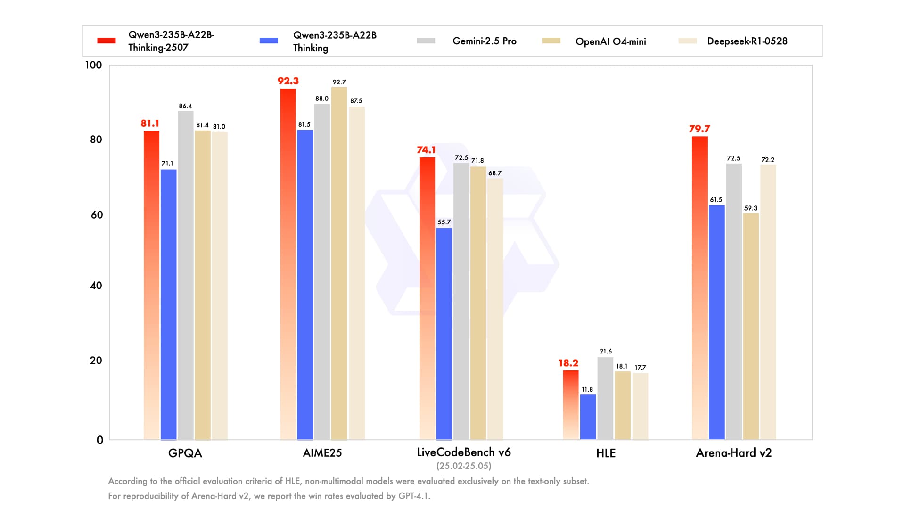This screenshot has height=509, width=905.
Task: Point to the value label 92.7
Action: [x=339, y=82]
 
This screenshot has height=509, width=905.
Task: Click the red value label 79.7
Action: [x=699, y=129]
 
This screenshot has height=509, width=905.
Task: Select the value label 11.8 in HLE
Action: [x=587, y=389]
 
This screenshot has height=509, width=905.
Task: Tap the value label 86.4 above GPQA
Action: [x=185, y=106]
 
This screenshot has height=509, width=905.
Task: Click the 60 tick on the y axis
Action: [x=97, y=215]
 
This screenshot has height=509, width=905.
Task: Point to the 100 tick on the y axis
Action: [x=93, y=65]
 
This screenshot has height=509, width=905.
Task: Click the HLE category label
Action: [x=606, y=453]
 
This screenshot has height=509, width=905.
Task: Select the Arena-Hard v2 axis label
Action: [x=733, y=453]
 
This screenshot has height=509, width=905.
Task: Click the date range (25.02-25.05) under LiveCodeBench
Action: [x=463, y=466]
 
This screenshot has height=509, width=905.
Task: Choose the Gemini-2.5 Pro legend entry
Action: [x=484, y=41]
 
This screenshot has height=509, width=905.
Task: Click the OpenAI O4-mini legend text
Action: [x=610, y=41]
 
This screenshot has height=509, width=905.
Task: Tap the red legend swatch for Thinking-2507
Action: [x=107, y=41]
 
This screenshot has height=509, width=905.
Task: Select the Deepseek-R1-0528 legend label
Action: [x=747, y=41]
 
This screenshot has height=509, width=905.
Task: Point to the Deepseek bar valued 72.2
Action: [x=768, y=302]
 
